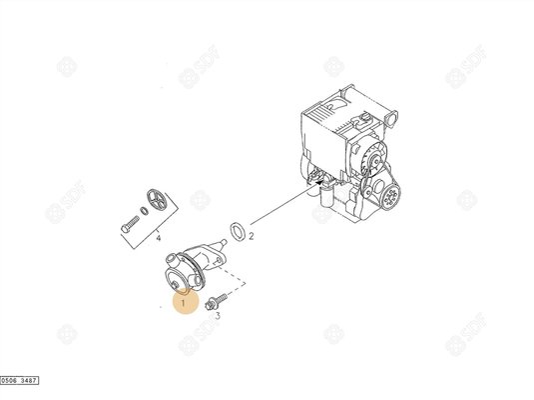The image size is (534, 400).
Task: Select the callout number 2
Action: (x=252, y=236)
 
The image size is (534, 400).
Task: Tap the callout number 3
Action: (x=218, y=314)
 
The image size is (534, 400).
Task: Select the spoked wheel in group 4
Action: (x=152, y=198)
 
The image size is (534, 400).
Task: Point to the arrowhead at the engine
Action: (x=317, y=183)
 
